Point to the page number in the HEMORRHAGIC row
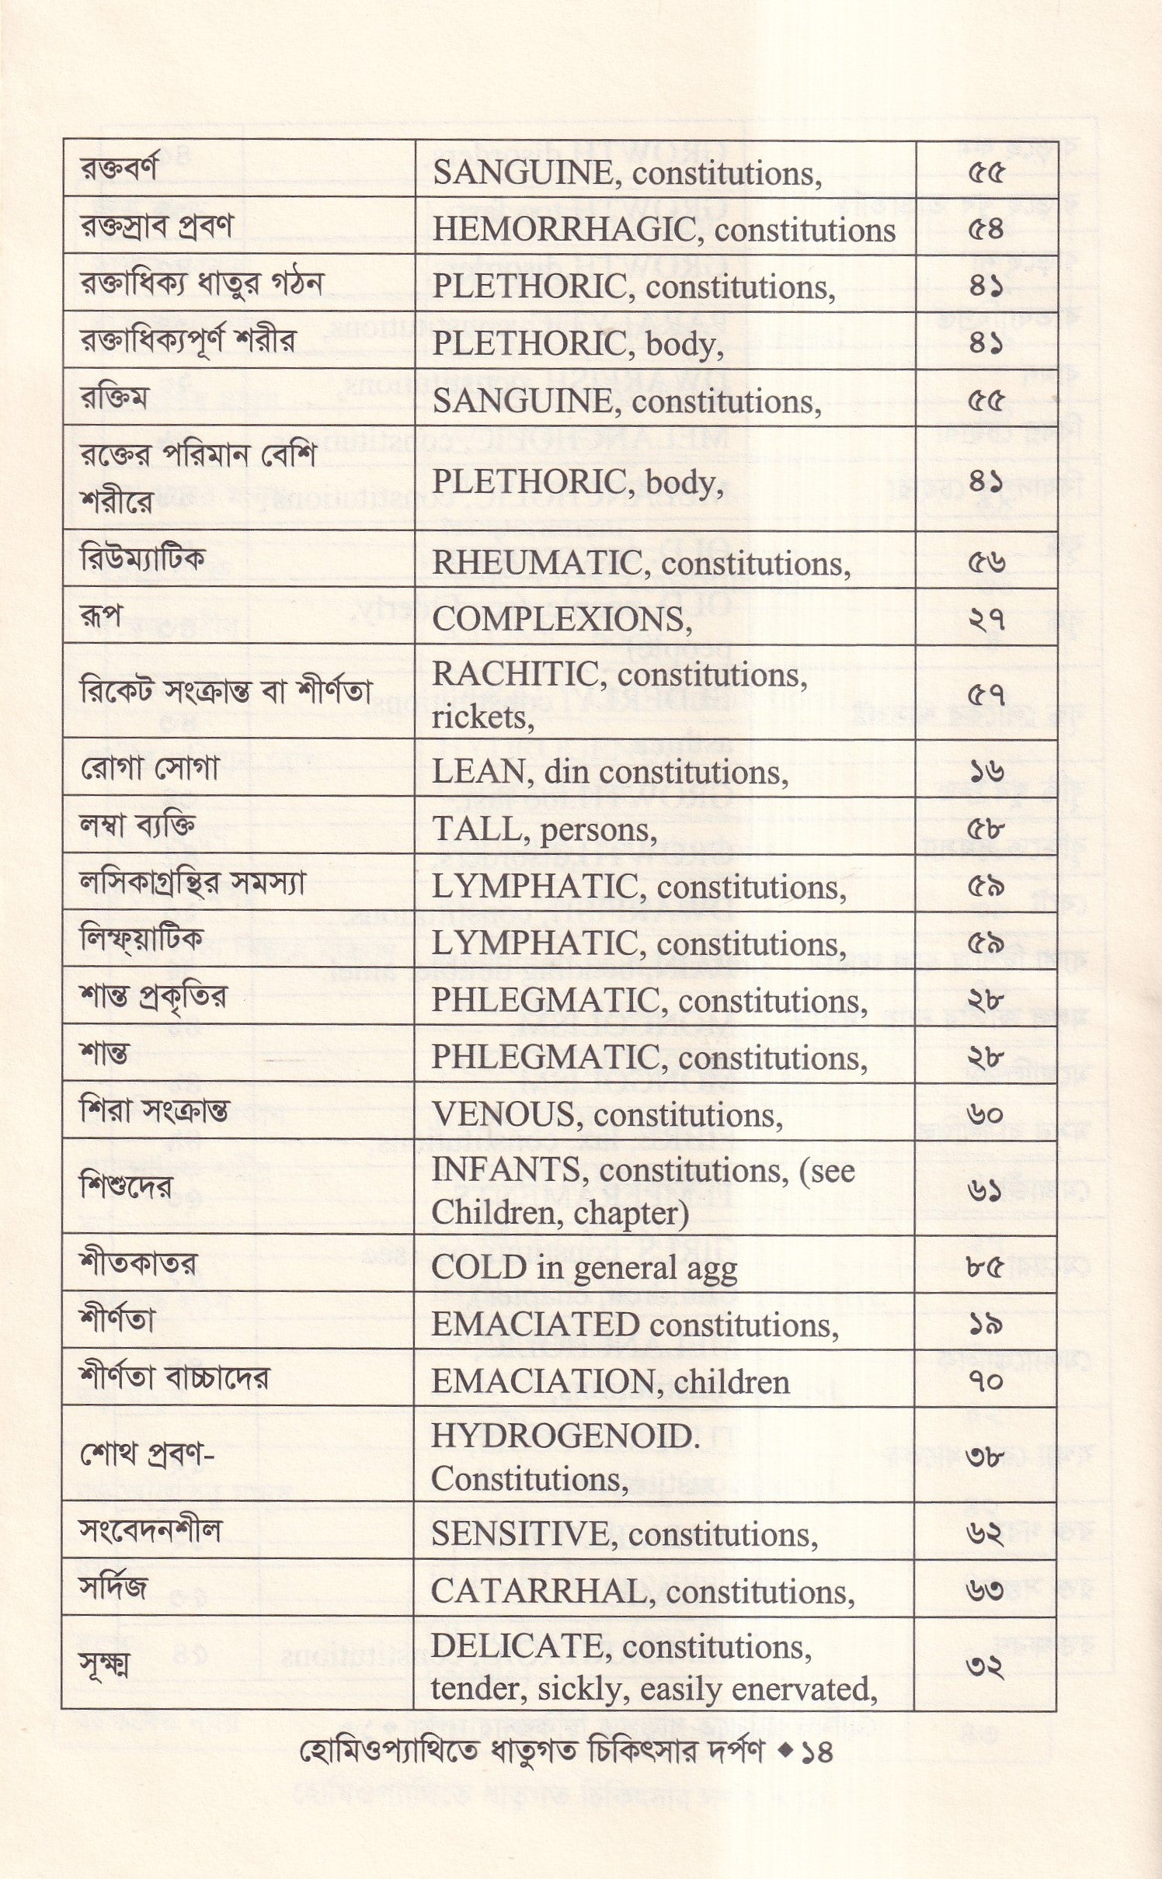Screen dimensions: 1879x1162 click(x=986, y=231)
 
